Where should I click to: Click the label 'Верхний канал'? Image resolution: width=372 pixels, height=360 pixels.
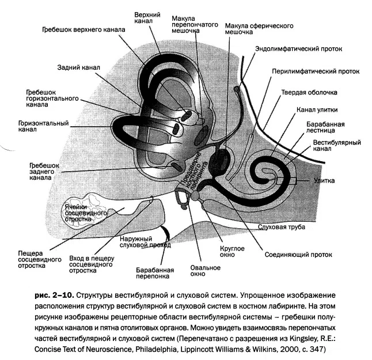[147, 18]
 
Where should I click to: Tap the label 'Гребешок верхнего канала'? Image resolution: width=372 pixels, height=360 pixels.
[83, 29]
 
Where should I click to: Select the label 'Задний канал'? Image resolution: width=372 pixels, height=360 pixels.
[78, 67]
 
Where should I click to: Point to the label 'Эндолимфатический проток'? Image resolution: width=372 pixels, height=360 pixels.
[299, 49]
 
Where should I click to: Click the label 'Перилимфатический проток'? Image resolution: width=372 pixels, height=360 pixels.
[316, 71]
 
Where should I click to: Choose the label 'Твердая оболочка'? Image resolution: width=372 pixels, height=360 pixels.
[309, 92]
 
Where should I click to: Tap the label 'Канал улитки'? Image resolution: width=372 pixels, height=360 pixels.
[317, 110]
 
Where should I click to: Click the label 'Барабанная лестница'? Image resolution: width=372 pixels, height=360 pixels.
[325, 127]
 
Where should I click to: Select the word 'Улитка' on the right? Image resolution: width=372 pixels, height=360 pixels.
[324, 181]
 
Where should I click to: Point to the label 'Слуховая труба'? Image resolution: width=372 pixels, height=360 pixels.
[282, 227]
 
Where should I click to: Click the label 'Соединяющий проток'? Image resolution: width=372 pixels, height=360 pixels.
[298, 255]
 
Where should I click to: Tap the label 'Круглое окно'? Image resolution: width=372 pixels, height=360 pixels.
[232, 252]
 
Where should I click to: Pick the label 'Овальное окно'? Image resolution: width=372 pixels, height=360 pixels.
[205, 271]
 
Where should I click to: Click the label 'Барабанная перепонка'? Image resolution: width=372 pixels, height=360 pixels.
[155, 273]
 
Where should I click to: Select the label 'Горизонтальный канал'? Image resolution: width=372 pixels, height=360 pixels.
[43, 126]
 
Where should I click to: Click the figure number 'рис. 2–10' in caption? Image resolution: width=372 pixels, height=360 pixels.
[55, 295]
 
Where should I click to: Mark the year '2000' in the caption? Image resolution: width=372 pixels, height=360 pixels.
[289, 349]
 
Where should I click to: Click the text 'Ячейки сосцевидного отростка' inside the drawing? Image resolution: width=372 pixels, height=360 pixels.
[86, 213]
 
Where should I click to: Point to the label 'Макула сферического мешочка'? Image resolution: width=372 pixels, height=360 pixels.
[259, 29]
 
